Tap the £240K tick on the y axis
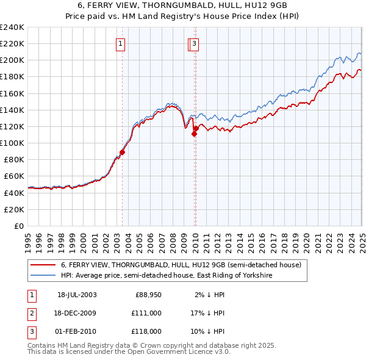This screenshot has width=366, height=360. click(12, 27)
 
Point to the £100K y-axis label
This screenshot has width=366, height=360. click(12, 143)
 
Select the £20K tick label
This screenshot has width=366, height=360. click(15, 209)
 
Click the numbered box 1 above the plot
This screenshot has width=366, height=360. click(121, 43)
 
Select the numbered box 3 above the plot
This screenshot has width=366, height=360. click(194, 43)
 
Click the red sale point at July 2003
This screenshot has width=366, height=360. click(122, 153)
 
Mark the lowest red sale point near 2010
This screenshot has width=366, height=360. click(194, 134)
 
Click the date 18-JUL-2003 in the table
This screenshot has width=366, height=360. click(77, 295)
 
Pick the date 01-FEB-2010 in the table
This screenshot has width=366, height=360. click(77, 331)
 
